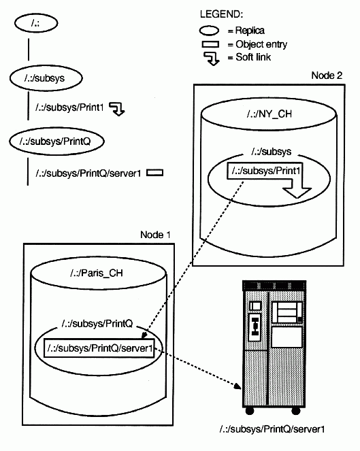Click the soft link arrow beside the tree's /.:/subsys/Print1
(118, 109)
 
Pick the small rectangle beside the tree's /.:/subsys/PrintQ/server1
(154, 173)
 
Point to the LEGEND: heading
(221, 14)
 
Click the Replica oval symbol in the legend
(209, 31)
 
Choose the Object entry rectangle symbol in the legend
(210, 44)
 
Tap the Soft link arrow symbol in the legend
(212, 59)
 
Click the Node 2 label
(327, 76)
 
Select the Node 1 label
(155, 235)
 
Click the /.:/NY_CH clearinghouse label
(269, 114)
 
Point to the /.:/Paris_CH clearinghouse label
(97, 273)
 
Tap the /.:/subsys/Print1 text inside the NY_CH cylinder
(266, 171)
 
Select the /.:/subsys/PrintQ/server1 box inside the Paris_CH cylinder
(99, 348)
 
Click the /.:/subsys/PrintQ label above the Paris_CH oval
(97, 324)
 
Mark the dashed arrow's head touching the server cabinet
(238, 386)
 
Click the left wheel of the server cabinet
(250, 410)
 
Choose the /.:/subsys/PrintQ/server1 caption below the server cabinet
(272, 429)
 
